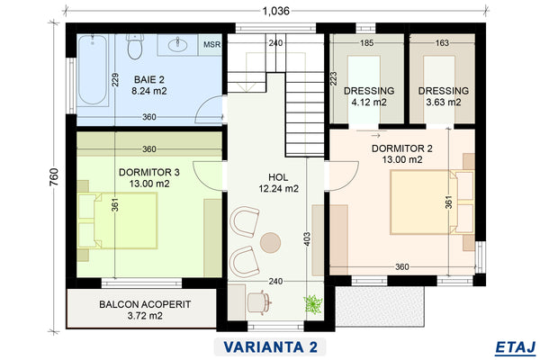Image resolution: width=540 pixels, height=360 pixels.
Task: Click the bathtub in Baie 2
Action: tap(93, 69)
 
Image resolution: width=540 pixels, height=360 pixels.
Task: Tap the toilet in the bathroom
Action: tap(135, 46)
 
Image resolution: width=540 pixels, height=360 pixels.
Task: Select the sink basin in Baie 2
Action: tap(177, 44)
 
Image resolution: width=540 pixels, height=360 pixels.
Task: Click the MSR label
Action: tap(211, 44)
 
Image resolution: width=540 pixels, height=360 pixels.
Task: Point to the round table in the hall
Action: tap(270, 242)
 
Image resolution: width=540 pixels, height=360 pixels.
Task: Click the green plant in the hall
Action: tap(313, 304)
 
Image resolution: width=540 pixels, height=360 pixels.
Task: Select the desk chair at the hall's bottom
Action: tap(259, 302)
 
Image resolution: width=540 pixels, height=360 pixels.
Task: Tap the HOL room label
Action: tap(278, 177)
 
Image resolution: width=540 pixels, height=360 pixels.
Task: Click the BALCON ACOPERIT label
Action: tap(145, 304)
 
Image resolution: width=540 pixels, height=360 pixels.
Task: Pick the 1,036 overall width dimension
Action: tap(276, 11)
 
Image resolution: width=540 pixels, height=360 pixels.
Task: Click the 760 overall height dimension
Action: tap(54, 177)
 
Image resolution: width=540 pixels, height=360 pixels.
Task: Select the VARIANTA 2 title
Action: tap(270, 346)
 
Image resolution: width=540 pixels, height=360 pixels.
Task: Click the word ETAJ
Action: tap(516, 347)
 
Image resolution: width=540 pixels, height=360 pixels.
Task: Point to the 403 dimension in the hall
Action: tap(307, 239)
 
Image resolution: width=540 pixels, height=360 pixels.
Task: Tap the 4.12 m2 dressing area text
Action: tap(369, 103)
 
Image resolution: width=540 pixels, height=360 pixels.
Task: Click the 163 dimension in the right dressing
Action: tap(442, 42)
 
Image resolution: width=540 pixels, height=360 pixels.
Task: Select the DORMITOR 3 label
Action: tap(149, 172)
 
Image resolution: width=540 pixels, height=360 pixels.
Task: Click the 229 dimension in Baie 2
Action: tap(115, 79)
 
